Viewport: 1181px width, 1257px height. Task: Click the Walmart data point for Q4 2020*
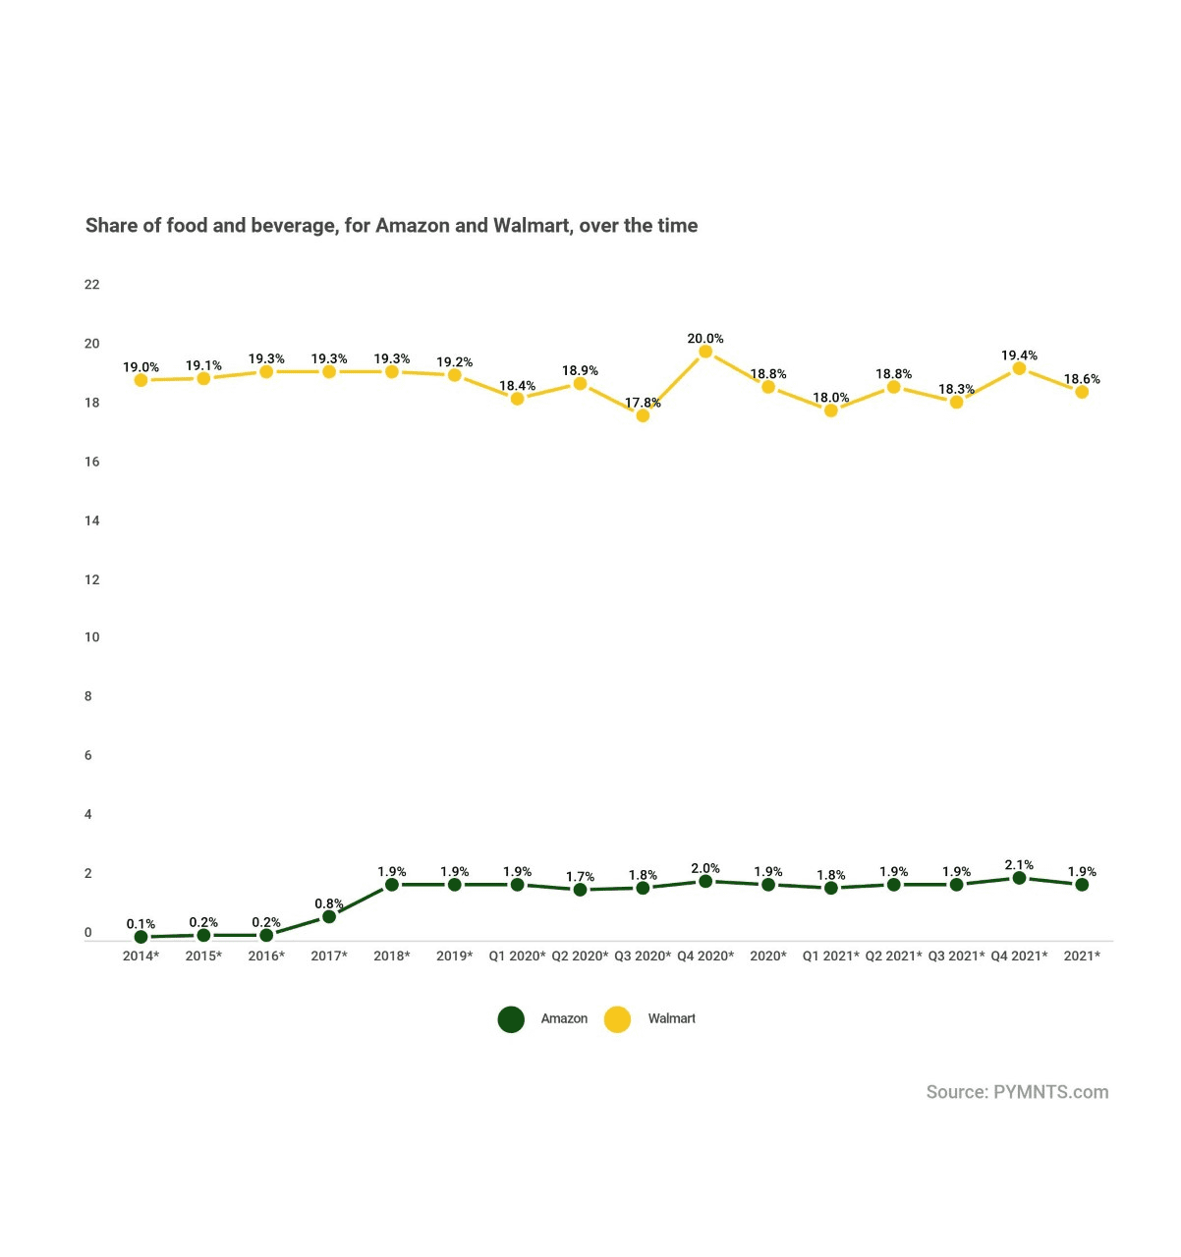pos(705,352)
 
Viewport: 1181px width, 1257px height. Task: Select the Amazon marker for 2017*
pos(329,916)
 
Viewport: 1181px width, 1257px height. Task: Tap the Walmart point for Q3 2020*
pos(643,415)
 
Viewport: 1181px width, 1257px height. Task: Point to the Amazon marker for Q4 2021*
pos(1019,878)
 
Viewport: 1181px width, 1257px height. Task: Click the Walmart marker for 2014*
pos(141,380)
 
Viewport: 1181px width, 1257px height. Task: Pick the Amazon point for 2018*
pos(392,885)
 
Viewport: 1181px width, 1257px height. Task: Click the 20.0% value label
pos(705,339)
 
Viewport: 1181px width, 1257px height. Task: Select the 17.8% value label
pos(643,403)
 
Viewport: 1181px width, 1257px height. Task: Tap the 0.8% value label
pos(329,903)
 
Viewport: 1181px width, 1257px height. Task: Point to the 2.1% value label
pos(1019,865)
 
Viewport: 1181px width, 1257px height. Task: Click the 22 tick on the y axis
pos(92,285)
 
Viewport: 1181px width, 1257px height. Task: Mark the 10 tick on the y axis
pos(92,637)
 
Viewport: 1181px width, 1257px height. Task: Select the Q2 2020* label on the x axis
pos(580,956)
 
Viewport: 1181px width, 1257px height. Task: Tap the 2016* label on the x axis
pos(266,956)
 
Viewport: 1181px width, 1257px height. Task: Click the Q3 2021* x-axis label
pos(956,956)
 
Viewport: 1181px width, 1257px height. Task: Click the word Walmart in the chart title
pos(531,226)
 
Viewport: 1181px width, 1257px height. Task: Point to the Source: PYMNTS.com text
pos(1017,1092)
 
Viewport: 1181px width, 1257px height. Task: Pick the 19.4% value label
pos(1019,355)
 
